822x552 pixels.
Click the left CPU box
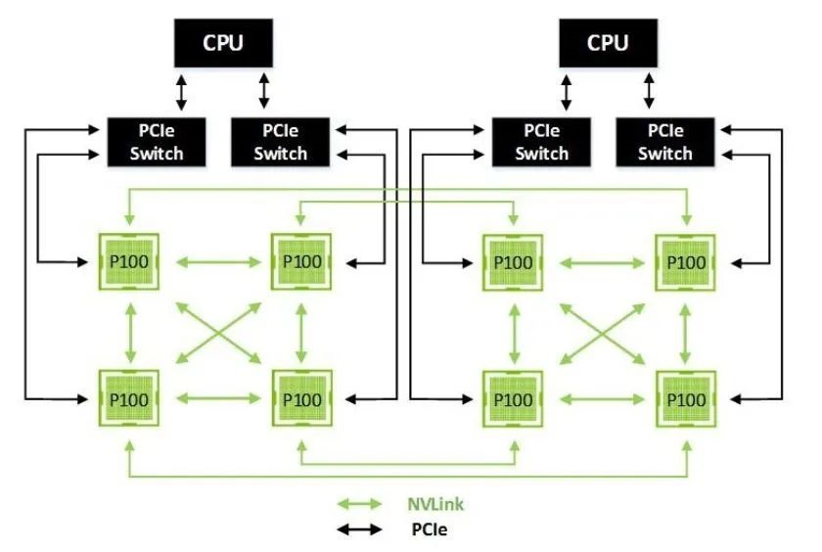[223, 43]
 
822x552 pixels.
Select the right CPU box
[608, 43]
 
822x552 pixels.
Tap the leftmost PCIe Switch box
[157, 142]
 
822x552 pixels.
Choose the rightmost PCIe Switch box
[664, 142]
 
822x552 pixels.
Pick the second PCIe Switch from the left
[281, 142]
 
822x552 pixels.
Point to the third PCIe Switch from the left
[541, 142]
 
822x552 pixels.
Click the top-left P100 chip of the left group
[129, 261]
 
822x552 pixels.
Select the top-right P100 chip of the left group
[301, 261]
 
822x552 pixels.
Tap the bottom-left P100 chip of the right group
[513, 399]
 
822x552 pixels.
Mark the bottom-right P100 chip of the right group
[686, 399]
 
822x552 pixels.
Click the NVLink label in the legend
[435, 504]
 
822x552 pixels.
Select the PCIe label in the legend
[430, 529]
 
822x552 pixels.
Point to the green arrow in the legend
[360, 504]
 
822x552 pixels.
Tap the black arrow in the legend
[360, 529]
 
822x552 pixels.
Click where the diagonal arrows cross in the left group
[218, 333]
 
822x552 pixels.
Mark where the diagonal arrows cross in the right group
[603, 334]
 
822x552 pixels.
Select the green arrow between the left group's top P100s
[218, 261]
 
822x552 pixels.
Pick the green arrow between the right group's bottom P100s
[602, 399]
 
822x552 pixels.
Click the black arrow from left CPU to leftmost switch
[181, 92]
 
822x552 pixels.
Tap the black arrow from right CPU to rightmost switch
[649, 91]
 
